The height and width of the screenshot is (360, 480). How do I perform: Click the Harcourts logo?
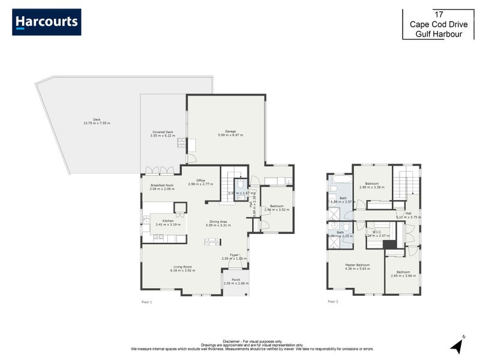[x=46, y=22]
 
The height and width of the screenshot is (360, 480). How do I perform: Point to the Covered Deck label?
[x=162, y=132]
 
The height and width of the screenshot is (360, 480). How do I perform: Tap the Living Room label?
[x=182, y=266]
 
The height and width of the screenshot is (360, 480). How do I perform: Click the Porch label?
[x=236, y=279]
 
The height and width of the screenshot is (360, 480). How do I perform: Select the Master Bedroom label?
[x=357, y=265]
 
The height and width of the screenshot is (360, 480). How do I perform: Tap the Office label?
[x=200, y=180]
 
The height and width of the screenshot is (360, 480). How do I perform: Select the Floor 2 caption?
[x=333, y=302]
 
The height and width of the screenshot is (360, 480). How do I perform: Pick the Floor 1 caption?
[x=147, y=302]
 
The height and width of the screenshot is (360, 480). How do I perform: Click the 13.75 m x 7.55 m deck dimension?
[x=97, y=123]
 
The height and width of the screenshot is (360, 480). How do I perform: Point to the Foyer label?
[x=234, y=255]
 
